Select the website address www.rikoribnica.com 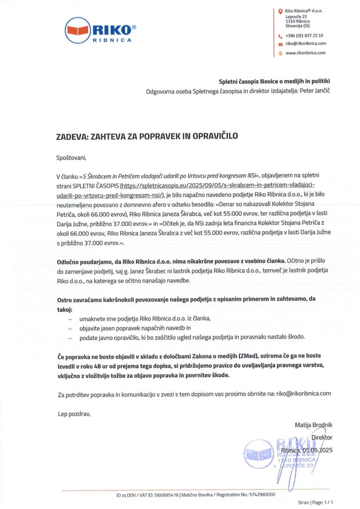click(x=305, y=53)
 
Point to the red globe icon click(x=280, y=53)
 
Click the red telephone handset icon click(x=280, y=36)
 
